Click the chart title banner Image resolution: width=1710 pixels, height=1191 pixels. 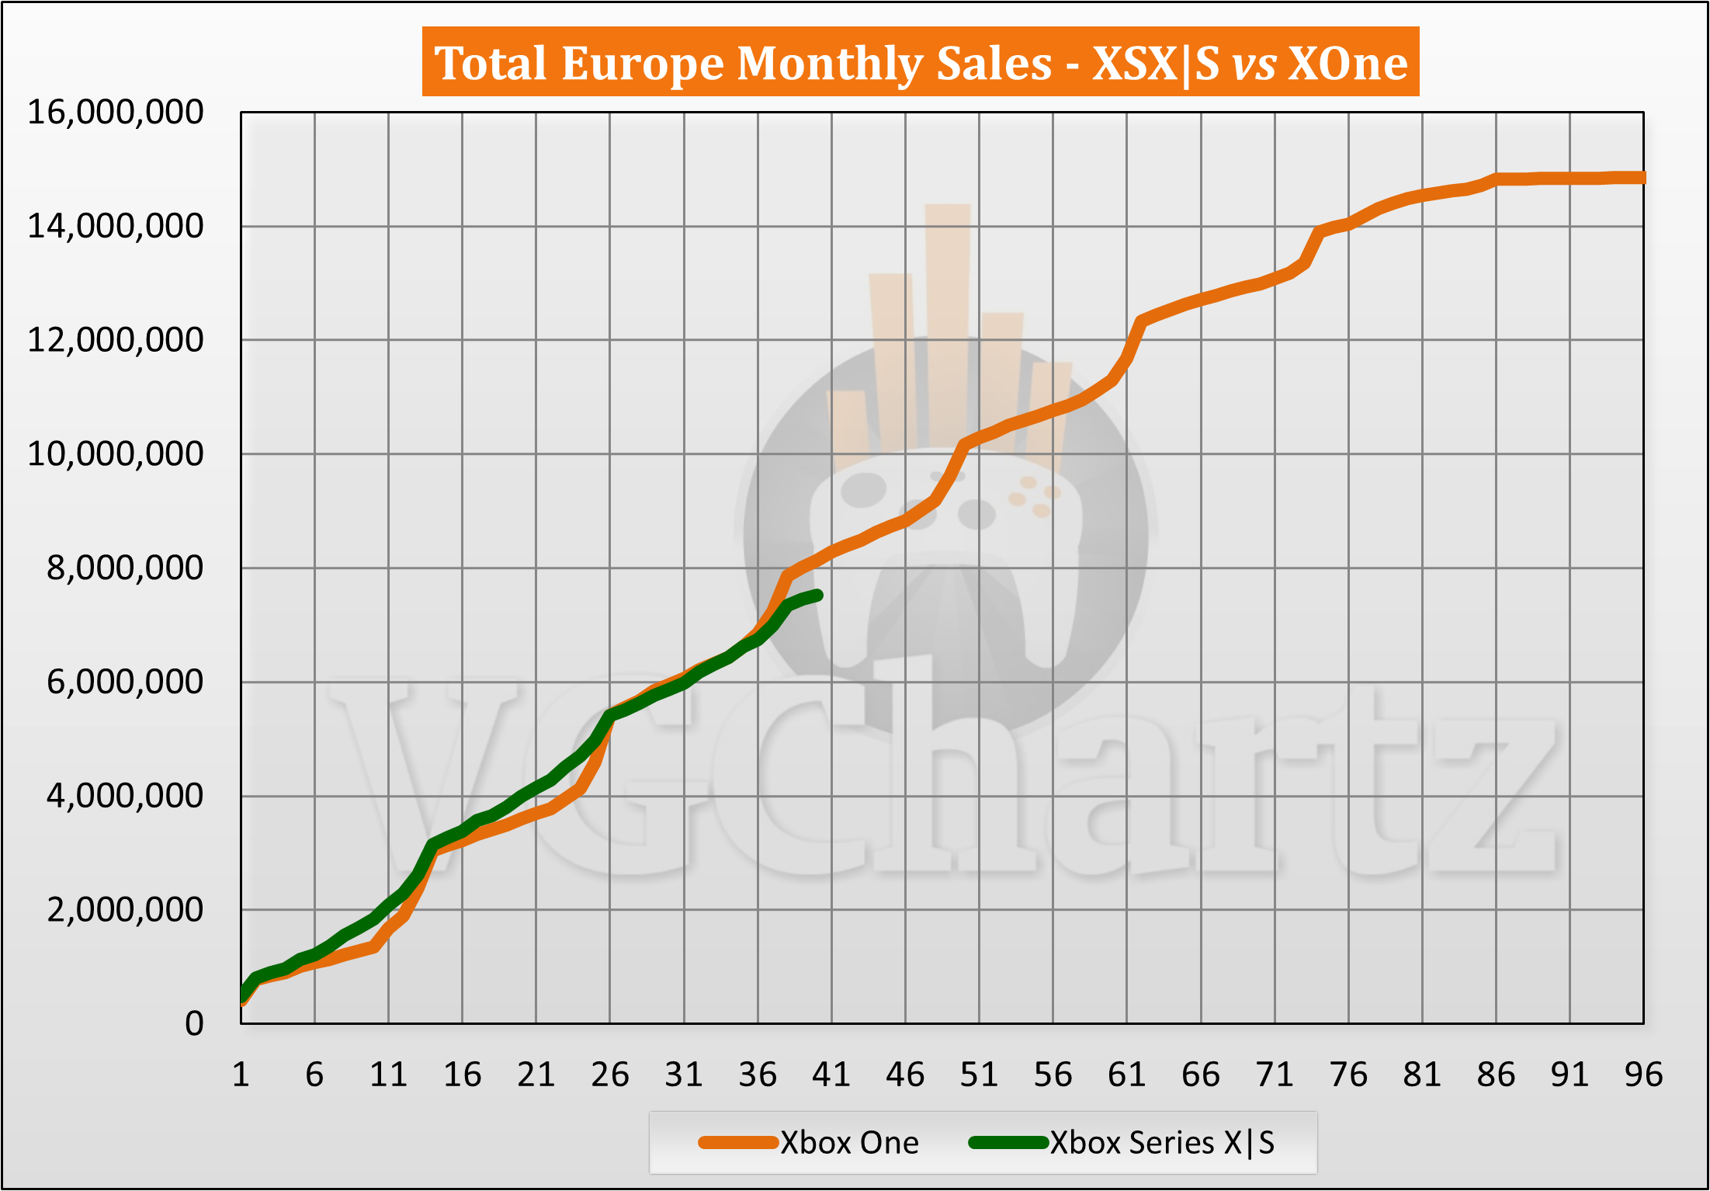coord(920,62)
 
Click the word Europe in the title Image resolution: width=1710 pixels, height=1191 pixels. coord(643,64)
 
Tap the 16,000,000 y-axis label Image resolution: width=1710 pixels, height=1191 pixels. coord(116,113)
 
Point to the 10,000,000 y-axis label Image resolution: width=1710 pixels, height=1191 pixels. coord(116,454)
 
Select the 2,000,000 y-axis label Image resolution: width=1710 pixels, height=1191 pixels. coord(125,910)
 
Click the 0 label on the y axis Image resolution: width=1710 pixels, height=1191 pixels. coord(194,1024)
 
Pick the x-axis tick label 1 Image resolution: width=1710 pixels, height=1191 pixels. coord(241,1075)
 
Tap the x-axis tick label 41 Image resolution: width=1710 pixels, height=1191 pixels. coord(831,1075)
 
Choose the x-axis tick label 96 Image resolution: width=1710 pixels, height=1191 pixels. coord(1643,1075)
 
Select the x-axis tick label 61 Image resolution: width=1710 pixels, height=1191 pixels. coord(1126,1075)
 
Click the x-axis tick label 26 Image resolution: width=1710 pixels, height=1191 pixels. coord(609,1075)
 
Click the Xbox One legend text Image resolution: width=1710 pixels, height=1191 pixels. coord(849,1143)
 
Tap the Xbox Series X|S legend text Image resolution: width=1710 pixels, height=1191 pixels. coord(1162,1143)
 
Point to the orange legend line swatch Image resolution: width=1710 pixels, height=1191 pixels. coord(738,1143)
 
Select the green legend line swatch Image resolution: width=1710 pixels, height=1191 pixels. coord(1008,1143)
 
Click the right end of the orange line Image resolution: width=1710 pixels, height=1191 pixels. coord(1642,178)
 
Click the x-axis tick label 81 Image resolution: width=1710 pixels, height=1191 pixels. coord(1422,1075)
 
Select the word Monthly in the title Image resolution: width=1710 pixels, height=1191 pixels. coord(894,64)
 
